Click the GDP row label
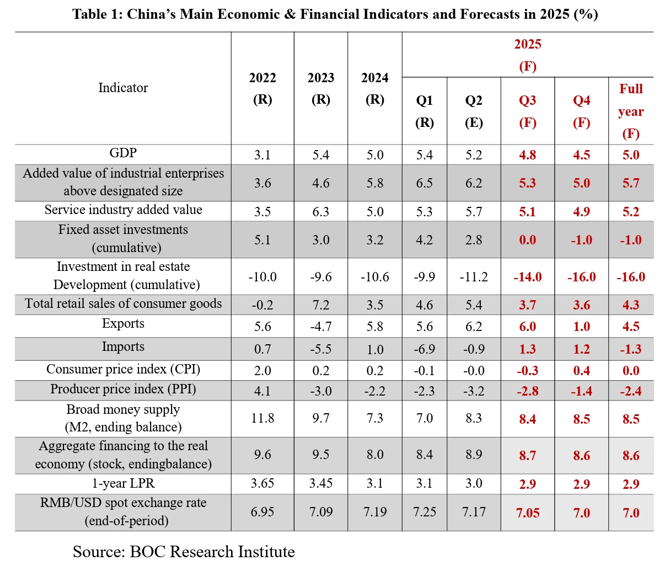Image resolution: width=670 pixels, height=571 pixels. (123, 153)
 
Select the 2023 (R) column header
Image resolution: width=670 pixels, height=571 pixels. (321, 88)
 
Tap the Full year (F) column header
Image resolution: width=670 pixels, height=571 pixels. (631, 111)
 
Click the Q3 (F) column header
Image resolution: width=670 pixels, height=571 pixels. (528, 111)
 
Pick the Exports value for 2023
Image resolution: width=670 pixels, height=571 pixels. (321, 327)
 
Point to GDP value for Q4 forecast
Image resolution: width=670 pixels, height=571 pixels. (582, 155)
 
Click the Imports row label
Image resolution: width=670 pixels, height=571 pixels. (123, 347)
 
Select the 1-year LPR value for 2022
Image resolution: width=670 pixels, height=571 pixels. (262, 484)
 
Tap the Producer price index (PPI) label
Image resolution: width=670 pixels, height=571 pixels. (123, 389)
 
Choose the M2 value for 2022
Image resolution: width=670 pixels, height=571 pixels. (262, 418)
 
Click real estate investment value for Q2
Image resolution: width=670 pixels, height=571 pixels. (474, 277)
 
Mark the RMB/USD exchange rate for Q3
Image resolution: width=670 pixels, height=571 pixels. (528, 513)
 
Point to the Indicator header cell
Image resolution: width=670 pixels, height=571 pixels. (123, 88)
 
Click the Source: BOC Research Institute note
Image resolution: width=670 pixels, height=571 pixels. (184, 552)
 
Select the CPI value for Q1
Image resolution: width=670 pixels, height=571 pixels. (425, 371)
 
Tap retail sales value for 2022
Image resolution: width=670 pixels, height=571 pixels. (262, 305)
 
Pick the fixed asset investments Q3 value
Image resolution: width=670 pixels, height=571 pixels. (528, 240)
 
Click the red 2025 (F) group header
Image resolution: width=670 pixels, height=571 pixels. (528, 55)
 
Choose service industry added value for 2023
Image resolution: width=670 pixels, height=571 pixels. (321, 212)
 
